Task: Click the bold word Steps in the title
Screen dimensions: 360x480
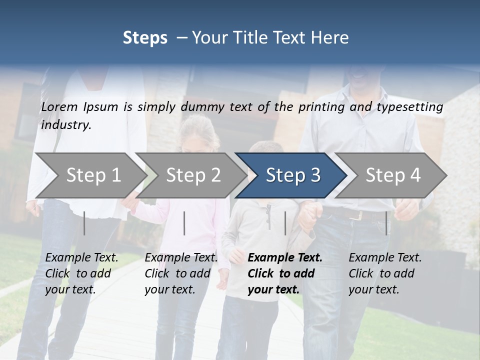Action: (x=145, y=38)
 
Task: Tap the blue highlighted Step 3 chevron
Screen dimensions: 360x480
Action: (x=293, y=175)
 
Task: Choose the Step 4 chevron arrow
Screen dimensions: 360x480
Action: (x=393, y=175)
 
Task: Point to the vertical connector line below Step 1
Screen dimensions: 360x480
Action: (x=84, y=223)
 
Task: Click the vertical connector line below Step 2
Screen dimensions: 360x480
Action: (x=184, y=223)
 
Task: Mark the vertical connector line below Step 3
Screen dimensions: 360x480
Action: (x=285, y=223)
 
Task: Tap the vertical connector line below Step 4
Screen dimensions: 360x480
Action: (x=386, y=223)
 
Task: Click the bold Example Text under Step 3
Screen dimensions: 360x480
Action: (x=285, y=273)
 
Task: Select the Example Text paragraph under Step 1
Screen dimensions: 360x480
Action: (x=81, y=273)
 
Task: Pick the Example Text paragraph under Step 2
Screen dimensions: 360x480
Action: (x=181, y=273)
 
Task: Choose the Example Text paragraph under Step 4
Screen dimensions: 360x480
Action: (x=385, y=273)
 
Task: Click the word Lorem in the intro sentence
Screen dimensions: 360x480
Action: (x=59, y=107)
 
